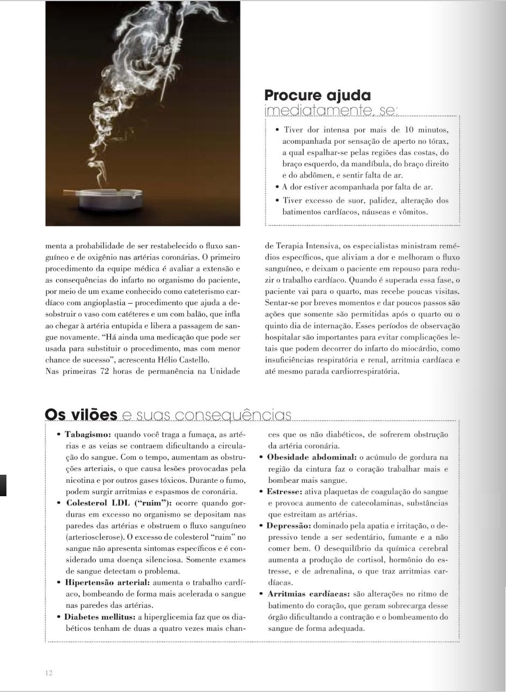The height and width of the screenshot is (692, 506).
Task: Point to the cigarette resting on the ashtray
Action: [80, 191]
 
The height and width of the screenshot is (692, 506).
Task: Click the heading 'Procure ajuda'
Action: [317, 95]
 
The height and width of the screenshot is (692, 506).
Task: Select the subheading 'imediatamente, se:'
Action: [331, 111]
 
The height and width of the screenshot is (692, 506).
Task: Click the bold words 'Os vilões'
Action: [81, 415]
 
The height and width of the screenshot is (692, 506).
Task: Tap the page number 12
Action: [49, 673]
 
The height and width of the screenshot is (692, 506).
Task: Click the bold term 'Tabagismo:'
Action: [88, 434]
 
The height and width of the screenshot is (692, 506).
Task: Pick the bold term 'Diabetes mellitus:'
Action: [100, 616]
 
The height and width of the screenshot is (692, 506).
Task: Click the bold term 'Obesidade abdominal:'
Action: [312, 457]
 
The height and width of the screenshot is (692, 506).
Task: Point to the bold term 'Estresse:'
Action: [284, 491]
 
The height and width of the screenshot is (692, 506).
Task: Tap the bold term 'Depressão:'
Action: [289, 526]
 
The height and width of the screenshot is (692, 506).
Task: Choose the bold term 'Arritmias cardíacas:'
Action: [309, 594]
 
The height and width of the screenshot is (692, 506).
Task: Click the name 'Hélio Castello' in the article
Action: [185, 360]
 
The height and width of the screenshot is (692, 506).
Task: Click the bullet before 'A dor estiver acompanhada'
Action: [276, 187]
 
